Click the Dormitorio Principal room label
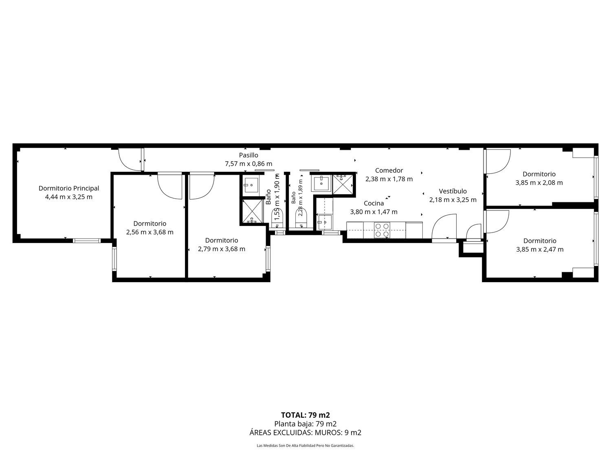click(x=69, y=188)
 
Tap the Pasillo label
click(x=248, y=155)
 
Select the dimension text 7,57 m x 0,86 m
click(x=248, y=164)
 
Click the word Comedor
click(x=389, y=171)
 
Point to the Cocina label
click(x=374, y=203)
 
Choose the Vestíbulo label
click(x=453, y=191)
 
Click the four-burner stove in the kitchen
click(x=382, y=230)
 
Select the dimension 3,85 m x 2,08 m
click(x=539, y=183)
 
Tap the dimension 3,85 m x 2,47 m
click(x=540, y=250)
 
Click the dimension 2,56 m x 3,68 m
click(x=150, y=232)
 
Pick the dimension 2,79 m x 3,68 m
click(x=222, y=249)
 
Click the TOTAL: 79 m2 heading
click(x=305, y=415)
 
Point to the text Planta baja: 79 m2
click(x=305, y=424)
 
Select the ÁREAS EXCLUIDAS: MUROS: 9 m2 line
click(x=305, y=432)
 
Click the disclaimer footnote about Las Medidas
click(x=305, y=445)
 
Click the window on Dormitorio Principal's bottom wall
click(x=87, y=241)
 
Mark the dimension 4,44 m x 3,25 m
click(x=69, y=197)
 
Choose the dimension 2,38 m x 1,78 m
click(x=389, y=179)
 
